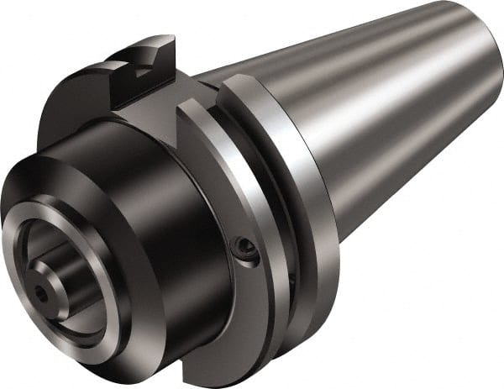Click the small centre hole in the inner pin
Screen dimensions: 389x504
pyautogui.click(x=40, y=295)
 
